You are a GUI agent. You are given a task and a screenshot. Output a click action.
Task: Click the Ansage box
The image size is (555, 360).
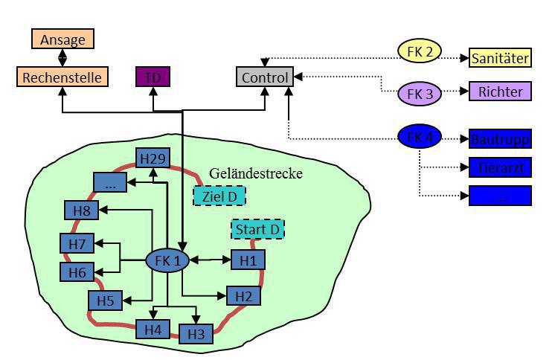click(62, 39)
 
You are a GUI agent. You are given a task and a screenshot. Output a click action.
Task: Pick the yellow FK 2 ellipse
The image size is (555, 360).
click(420, 51)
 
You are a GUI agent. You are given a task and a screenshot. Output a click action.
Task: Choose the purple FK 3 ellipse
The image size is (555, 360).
click(420, 94)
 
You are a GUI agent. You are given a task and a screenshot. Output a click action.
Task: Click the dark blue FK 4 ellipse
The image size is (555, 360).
click(420, 137)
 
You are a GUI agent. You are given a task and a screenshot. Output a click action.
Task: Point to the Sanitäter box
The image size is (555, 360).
click(500, 57)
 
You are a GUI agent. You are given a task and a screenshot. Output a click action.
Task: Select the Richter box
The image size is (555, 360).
click(500, 91)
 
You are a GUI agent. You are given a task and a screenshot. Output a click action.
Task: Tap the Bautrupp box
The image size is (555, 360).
click(500, 138)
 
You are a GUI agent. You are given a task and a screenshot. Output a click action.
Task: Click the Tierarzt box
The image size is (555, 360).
click(500, 167)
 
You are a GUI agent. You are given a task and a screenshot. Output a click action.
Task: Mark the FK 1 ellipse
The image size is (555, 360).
click(167, 260)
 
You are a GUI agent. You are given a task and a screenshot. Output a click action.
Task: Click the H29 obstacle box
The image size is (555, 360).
click(153, 158)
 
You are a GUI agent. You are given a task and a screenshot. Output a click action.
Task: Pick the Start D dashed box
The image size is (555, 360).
click(257, 229)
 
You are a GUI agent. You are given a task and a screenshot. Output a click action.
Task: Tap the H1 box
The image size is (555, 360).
click(248, 260)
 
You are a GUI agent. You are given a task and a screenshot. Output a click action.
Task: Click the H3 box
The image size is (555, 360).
click(196, 333)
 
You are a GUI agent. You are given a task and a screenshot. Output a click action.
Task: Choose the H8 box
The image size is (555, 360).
click(81, 211)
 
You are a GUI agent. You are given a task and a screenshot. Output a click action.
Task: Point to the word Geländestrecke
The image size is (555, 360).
click(255, 173)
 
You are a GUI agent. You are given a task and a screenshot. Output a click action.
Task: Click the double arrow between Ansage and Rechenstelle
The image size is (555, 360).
click(62, 57)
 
